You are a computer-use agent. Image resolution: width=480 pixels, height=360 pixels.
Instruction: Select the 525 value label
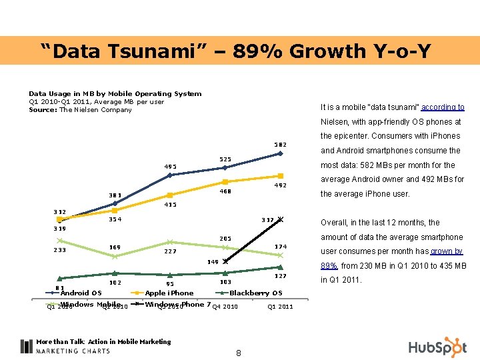tap(225, 159)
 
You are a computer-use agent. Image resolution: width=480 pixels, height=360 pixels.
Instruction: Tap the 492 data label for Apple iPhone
tap(280, 186)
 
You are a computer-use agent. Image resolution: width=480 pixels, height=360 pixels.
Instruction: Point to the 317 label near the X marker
tap(267, 219)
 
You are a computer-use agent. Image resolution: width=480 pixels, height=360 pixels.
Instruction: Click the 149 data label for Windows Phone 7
tap(213, 262)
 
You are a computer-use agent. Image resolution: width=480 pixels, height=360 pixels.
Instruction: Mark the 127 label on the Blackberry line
tap(280, 276)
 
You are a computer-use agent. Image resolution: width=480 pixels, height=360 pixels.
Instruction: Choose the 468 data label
tap(225, 191)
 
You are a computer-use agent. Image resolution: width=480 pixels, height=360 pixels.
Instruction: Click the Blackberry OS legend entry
tap(256, 293)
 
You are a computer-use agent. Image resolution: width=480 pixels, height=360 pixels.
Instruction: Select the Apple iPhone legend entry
tap(169, 293)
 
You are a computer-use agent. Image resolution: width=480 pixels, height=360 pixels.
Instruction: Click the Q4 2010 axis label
tap(225, 307)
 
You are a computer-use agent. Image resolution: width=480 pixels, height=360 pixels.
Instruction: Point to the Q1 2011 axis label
tap(280, 307)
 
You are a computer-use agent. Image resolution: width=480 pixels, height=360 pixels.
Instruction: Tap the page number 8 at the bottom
tap(239, 353)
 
